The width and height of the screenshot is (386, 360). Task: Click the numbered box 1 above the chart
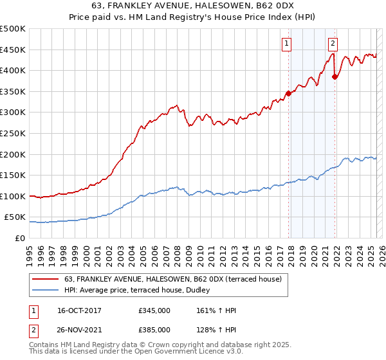[286, 44]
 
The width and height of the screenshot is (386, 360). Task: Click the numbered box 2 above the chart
[333, 44]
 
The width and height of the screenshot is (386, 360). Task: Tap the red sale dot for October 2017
[288, 93]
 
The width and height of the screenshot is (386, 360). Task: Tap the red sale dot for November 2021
[335, 76]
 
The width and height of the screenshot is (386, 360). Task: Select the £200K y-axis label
[14, 154]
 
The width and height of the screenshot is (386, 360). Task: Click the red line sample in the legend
[46, 279]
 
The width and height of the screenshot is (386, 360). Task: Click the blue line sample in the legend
[46, 289]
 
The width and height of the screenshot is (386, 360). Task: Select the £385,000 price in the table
[154, 330]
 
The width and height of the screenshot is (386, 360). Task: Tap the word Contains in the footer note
[46, 346]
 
